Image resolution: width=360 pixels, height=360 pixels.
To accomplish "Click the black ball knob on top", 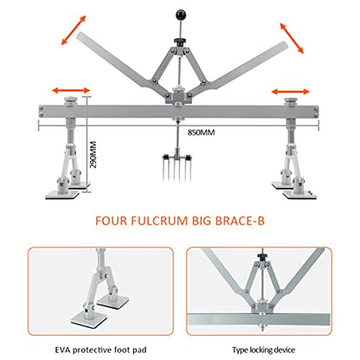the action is pyautogui.click(x=180, y=15).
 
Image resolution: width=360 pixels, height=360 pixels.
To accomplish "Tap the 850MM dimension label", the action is pyautogui.click(x=202, y=132).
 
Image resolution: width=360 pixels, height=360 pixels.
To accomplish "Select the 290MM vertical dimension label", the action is pyautogui.click(x=93, y=155).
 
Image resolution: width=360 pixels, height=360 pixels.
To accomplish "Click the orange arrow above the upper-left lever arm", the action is pyautogui.click(x=74, y=30).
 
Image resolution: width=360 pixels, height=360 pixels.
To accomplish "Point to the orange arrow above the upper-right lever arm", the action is pyautogui.click(x=292, y=38).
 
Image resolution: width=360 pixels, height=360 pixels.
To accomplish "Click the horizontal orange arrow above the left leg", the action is pyautogui.click(x=71, y=90).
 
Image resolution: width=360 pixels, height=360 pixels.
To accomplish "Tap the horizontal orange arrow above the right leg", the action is pyautogui.click(x=291, y=92).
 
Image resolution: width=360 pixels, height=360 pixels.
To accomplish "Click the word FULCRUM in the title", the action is pyautogui.click(x=159, y=221).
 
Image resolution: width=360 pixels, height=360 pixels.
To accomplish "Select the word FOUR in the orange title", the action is pyautogui.click(x=111, y=221).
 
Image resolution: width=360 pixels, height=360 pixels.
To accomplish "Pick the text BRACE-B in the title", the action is pyautogui.click(x=240, y=221).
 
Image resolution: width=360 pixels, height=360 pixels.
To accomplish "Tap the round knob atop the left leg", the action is pyautogui.click(x=71, y=100).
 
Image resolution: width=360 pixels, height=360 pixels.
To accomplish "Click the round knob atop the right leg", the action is pyautogui.click(x=291, y=101).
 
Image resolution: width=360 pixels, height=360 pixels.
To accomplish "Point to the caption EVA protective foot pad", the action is pyautogui.click(x=100, y=350).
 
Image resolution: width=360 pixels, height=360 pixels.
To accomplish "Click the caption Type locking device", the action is pyautogui.click(x=264, y=350).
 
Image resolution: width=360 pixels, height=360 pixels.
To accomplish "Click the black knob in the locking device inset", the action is pyautogui.click(x=262, y=256).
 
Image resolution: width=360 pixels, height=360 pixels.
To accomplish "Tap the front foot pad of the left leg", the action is pyautogui.click(x=62, y=195).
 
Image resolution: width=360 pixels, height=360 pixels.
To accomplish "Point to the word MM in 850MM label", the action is pyautogui.click(x=209, y=132).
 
